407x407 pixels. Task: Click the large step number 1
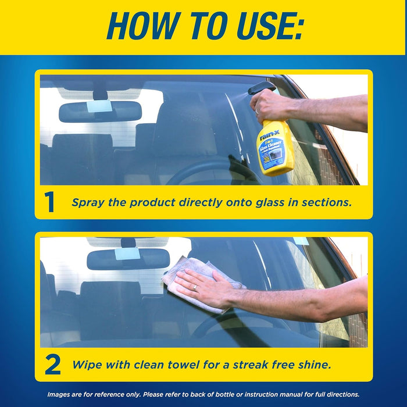[49, 202]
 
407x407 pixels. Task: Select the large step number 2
[52, 365]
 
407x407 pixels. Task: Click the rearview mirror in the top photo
[100, 111]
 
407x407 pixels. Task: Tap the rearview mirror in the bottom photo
[128, 259]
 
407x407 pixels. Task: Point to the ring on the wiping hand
[195, 287]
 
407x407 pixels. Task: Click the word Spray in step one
[87, 202]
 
